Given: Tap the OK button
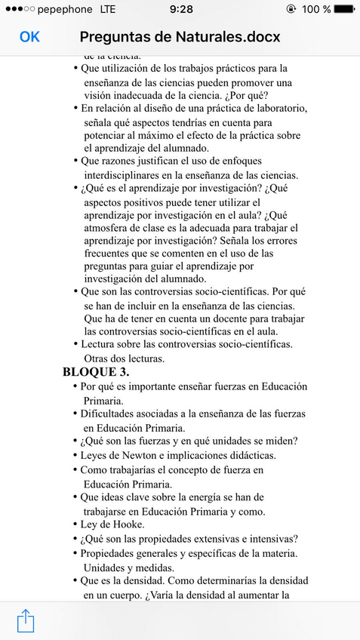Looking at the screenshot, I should point(29,37).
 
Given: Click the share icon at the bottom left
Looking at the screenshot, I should point(26,620).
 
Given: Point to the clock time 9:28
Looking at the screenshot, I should point(180,9).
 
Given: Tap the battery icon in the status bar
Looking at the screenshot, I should point(344,9).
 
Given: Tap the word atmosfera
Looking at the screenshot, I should point(111,228).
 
